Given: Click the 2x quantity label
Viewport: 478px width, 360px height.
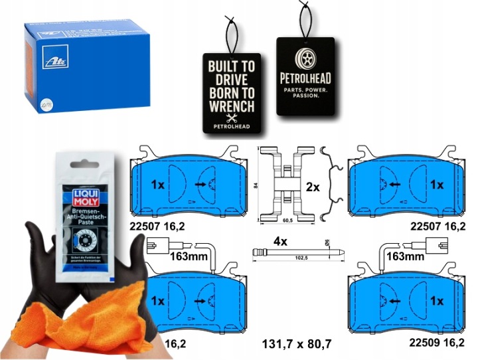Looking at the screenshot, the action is pos(313,188).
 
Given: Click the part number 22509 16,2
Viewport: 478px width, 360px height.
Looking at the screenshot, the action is pos(434,344).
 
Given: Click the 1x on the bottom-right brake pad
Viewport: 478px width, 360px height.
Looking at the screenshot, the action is pos(436,300).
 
